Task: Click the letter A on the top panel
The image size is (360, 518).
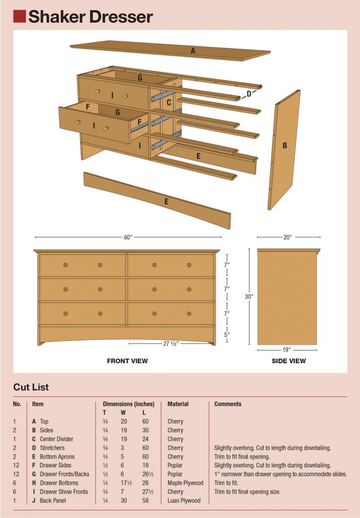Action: [193, 51]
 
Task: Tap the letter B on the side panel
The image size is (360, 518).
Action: [285, 146]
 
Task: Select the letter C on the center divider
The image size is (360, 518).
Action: [169, 103]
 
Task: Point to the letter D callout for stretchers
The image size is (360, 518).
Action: [249, 94]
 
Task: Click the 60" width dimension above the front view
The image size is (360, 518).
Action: [128, 237]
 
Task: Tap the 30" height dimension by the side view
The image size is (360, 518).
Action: [249, 297]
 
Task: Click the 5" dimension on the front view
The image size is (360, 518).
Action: [227, 334]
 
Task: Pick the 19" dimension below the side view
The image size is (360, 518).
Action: [287, 349]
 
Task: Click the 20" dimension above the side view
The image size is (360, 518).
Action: [288, 237]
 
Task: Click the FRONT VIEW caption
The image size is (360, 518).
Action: [127, 361]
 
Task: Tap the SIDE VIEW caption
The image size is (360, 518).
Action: [288, 361]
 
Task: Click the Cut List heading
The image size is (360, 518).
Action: [31, 387]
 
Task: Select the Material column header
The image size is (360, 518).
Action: [178, 404]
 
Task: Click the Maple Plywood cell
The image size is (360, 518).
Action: [185, 483]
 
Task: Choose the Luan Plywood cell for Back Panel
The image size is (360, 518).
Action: [184, 501]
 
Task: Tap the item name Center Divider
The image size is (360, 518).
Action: [56, 439]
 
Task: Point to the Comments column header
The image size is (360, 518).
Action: [228, 404]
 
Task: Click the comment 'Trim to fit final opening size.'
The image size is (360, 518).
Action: [247, 492]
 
